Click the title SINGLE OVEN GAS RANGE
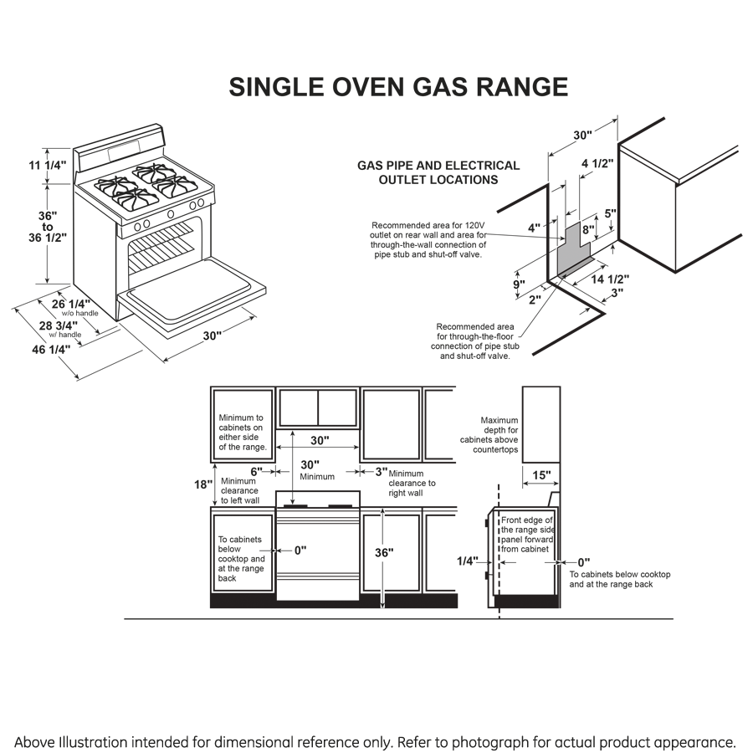(x=398, y=88)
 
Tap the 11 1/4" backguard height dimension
(x=45, y=165)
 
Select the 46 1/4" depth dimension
(x=51, y=349)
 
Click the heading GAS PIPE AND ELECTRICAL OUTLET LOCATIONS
(x=438, y=172)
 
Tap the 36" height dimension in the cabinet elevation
(x=384, y=552)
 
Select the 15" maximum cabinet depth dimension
(x=542, y=476)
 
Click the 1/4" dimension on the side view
(x=469, y=561)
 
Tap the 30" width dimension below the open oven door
(x=213, y=336)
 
